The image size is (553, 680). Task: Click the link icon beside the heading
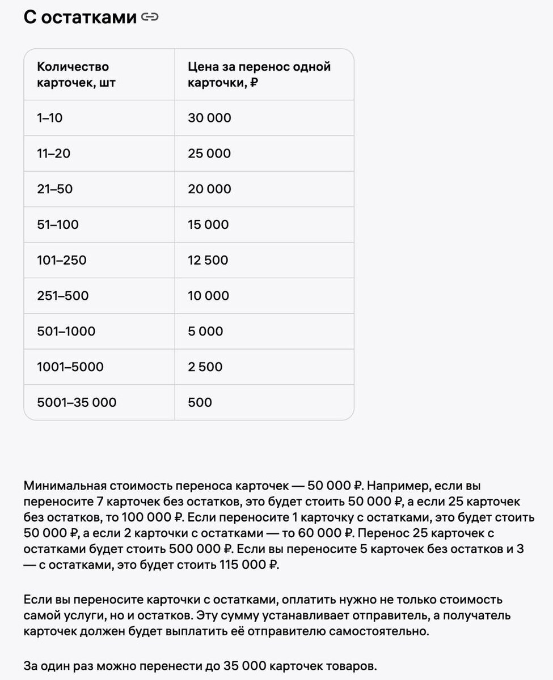tap(150, 18)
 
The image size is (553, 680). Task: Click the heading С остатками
tap(80, 18)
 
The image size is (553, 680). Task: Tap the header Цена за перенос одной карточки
tap(259, 75)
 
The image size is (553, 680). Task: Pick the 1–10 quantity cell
tap(50, 118)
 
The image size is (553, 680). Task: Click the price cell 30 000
tap(210, 118)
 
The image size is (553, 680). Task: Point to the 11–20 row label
tap(54, 154)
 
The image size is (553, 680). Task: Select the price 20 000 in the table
tap(210, 189)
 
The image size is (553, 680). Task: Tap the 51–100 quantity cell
tap(58, 225)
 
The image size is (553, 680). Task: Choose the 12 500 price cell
tap(208, 261)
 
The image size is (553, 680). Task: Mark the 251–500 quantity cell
tap(63, 296)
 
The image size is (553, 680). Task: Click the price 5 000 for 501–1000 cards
tap(206, 331)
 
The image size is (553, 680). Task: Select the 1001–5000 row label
tap(70, 367)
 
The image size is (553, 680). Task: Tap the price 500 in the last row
tap(200, 403)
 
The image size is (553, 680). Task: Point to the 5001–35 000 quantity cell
tap(77, 403)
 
